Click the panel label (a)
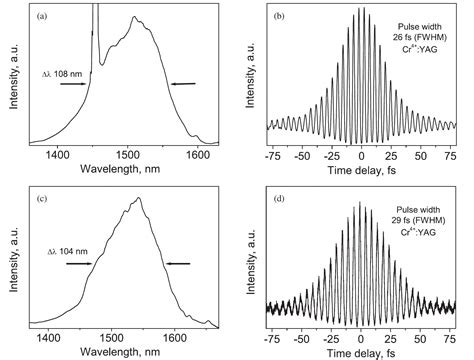47,17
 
